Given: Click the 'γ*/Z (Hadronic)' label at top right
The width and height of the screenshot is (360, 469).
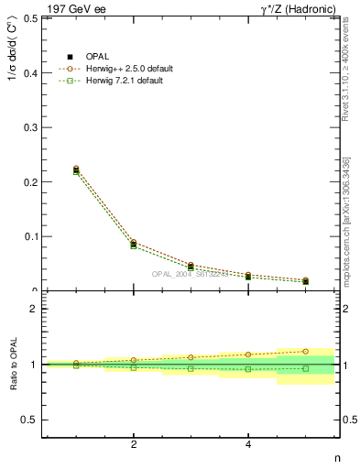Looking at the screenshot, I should click(291, 8).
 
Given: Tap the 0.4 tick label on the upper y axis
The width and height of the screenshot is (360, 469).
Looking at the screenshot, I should click(29, 72).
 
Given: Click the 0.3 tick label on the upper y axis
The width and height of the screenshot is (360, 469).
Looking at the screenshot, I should click(29, 127).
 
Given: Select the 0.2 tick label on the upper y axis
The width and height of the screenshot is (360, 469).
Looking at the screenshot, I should click(29, 181).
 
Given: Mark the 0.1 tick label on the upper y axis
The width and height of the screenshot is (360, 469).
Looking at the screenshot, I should click(29, 236).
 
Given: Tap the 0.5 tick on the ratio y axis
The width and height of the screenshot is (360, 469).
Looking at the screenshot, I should click(29, 420).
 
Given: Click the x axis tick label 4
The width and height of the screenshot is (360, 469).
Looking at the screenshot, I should click(248, 445).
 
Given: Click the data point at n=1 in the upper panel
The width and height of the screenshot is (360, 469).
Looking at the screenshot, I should click(76, 170).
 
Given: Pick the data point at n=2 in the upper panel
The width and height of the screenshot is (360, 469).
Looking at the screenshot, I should click(134, 245).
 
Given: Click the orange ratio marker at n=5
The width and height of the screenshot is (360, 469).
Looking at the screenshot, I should click(306, 351).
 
